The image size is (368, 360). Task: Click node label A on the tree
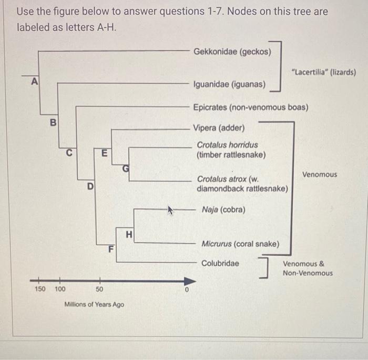pyautogui.click(x=35, y=82)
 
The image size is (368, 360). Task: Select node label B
pyautogui.click(x=52, y=123)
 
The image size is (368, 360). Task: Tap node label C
pyautogui.click(x=68, y=153)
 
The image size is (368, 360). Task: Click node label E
pyautogui.click(x=104, y=154)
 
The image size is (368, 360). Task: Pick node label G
pyautogui.click(x=125, y=168)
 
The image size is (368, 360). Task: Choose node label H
pyautogui.click(x=129, y=234)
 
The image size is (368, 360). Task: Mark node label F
pyautogui.click(x=110, y=248)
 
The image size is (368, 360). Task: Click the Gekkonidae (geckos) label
pyautogui.click(x=232, y=52)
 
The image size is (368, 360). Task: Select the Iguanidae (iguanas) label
pyautogui.click(x=230, y=84)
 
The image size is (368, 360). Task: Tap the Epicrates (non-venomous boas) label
pyautogui.click(x=251, y=107)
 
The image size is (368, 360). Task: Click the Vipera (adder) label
pyautogui.click(x=218, y=128)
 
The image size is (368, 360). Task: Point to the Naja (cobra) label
pyautogui.click(x=223, y=209)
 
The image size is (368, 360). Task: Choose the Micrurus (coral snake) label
pyautogui.click(x=241, y=244)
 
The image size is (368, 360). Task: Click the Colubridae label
pyautogui.click(x=220, y=263)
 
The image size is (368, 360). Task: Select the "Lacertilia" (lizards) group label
pyautogui.click(x=323, y=72)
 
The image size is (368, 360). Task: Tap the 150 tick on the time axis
pyautogui.click(x=39, y=289)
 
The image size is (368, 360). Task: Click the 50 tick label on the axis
pyautogui.click(x=99, y=289)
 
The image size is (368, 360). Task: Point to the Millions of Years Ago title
pyautogui.click(x=94, y=304)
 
